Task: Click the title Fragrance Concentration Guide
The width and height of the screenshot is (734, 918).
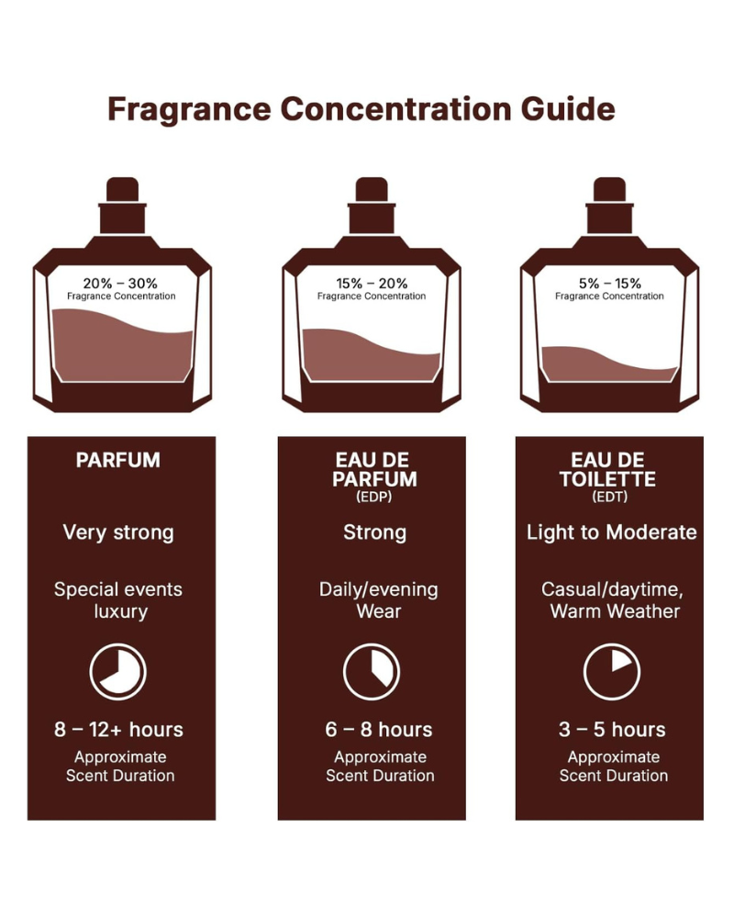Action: (x=361, y=109)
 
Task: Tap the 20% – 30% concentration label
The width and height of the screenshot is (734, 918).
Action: (x=121, y=283)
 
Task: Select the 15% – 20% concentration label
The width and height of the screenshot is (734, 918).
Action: (x=372, y=283)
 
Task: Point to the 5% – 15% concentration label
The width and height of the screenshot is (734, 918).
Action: (x=609, y=283)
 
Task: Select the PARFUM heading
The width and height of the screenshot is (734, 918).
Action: (x=118, y=460)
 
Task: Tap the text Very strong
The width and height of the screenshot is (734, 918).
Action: (x=118, y=532)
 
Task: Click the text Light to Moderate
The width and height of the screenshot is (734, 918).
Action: (x=612, y=532)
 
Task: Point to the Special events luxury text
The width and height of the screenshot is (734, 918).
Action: (x=118, y=600)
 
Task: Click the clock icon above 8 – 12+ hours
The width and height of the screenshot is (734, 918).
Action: (x=118, y=672)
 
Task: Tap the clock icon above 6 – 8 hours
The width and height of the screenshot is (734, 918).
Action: (x=372, y=672)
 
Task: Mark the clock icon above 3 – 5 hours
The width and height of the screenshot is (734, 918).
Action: (x=612, y=672)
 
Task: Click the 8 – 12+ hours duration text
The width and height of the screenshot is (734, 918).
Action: (x=118, y=730)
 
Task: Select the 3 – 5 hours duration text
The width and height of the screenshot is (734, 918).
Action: (x=612, y=730)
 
